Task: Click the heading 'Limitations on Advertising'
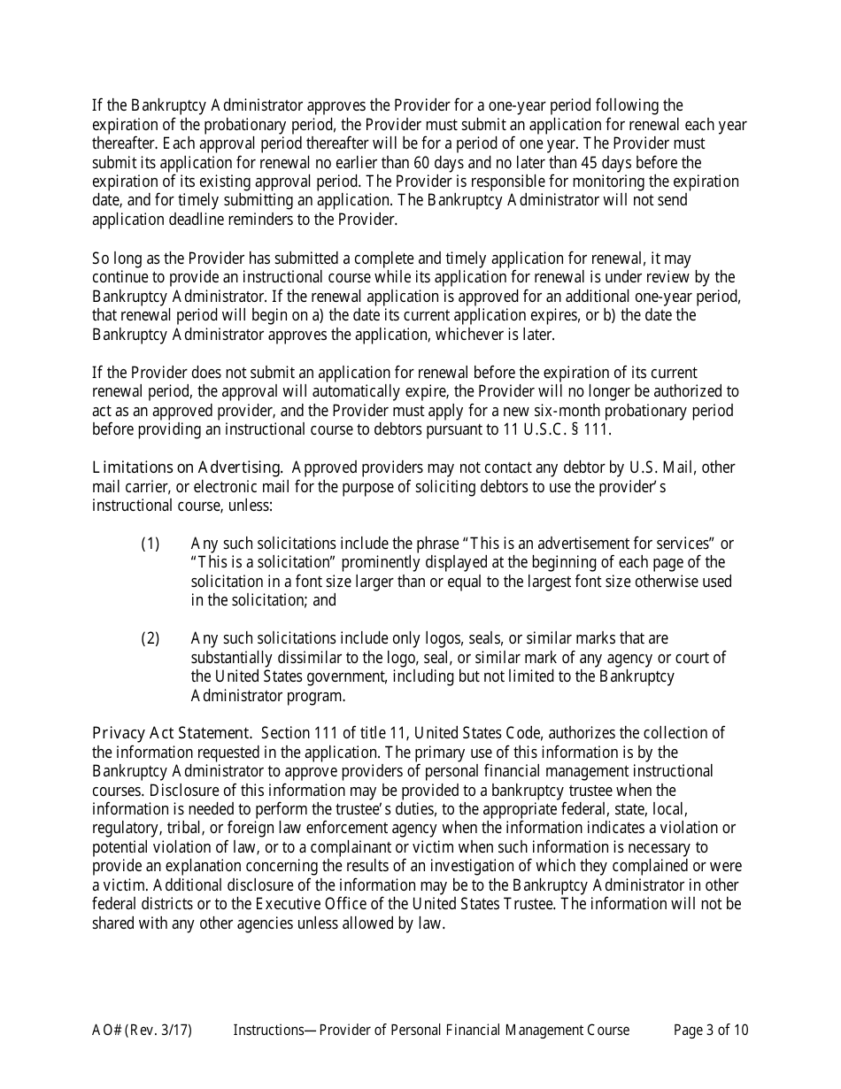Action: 187,467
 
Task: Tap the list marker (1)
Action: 150,544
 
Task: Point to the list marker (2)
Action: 150,638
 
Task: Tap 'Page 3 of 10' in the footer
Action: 711,1030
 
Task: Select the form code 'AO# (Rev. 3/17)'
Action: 142,1030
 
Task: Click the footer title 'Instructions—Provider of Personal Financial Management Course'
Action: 431,1030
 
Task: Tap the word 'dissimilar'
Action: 305,658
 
